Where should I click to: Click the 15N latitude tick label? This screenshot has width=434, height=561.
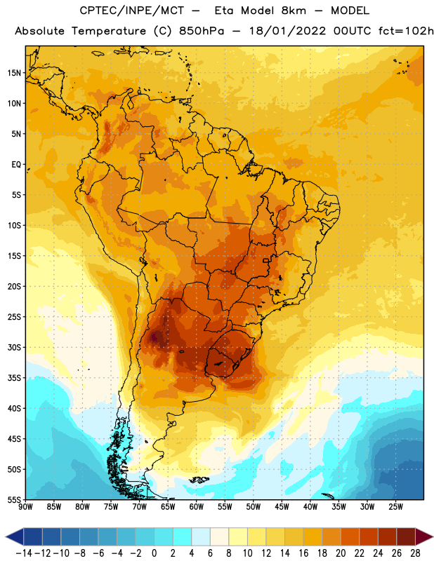(x=14, y=73)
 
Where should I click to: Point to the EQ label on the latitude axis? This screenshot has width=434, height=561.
(x=16, y=165)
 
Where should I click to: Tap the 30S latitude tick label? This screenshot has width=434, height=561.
(x=14, y=347)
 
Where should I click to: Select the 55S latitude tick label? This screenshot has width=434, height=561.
(x=14, y=500)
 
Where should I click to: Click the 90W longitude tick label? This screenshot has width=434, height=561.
(x=25, y=507)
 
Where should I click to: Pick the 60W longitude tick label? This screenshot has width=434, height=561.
(x=197, y=507)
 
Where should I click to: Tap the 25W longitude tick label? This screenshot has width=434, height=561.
(x=395, y=507)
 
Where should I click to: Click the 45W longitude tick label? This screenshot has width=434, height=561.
(x=282, y=507)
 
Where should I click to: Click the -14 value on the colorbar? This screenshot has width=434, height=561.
(x=24, y=553)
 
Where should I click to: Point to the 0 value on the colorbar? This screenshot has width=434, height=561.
(x=154, y=553)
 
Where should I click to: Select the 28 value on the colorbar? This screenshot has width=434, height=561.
(x=415, y=553)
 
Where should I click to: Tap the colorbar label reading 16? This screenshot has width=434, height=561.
(x=303, y=553)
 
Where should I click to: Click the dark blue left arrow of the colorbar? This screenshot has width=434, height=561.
(x=15, y=537)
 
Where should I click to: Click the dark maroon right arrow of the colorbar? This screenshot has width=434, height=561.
(x=424, y=537)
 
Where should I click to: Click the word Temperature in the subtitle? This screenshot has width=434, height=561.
(x=109, y=31)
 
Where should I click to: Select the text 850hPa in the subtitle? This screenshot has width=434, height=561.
(x=202, y=31)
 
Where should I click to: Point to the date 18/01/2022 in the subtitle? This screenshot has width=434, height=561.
(x=287, y=31)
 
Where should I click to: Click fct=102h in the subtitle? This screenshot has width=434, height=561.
(x=406, y=31)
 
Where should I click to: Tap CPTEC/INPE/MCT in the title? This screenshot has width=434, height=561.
(x=131, y=11)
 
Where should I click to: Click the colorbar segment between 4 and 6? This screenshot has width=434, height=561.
(x=201, y=537)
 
